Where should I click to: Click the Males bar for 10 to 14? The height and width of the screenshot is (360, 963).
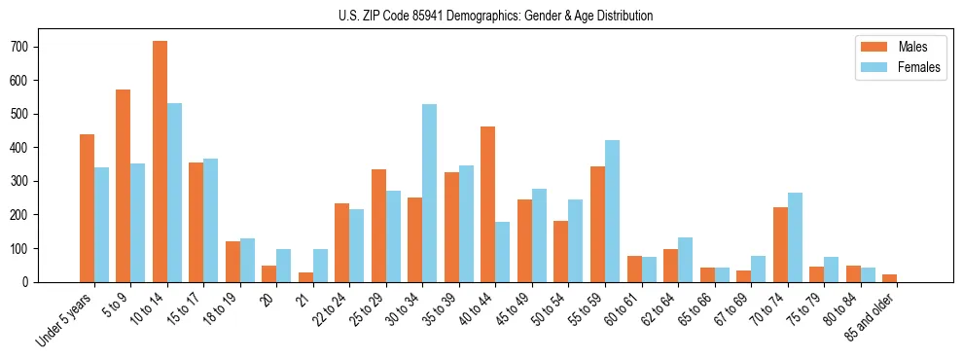[x=160, y=162]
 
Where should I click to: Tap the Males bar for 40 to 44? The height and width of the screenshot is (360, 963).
[x=488, y=204]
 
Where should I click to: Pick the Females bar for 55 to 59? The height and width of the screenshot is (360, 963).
[x=612, y=211]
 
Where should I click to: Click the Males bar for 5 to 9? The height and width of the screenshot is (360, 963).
[x=124, y=186]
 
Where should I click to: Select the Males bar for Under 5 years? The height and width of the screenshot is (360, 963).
[x=87, y=208]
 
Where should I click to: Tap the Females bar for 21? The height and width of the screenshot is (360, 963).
[x=320, y=266]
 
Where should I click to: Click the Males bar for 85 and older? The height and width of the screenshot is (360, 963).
[x=889, y=278]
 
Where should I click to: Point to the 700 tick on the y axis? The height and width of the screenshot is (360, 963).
[x=37, y=47]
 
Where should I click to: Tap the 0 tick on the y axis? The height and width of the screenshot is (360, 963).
[x=37, y=282]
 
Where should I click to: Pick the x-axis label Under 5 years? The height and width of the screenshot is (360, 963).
[x=65, y=317]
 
